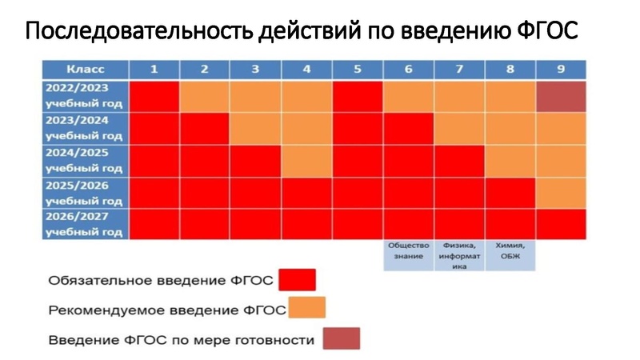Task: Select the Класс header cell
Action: [x=85, y=69]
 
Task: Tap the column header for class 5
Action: [x=358, y=69]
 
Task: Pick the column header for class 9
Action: [x=561, y=69]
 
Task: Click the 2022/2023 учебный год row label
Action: [x=85, y=96]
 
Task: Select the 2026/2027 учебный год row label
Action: [x=85, y=224]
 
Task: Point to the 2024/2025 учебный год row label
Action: [x=85, y=160]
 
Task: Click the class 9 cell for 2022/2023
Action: [x=561, y=96]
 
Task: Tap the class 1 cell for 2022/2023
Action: [x=154, y=96]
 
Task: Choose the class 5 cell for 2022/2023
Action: [x=358, y=96]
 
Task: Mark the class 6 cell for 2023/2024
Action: [x=409, y=128]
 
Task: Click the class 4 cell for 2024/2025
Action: [x=306, y=160]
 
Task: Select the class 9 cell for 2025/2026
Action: [x=561, y=192]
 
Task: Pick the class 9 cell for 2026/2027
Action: [x=561, y=224]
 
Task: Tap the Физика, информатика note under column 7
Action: [x=459, y=256]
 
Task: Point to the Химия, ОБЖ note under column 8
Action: [x=510, y=250]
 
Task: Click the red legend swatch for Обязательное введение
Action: [x=297, y=280]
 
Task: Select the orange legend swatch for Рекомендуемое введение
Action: [x=306, y=309]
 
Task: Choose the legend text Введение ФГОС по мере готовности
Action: [x=181, y=340]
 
